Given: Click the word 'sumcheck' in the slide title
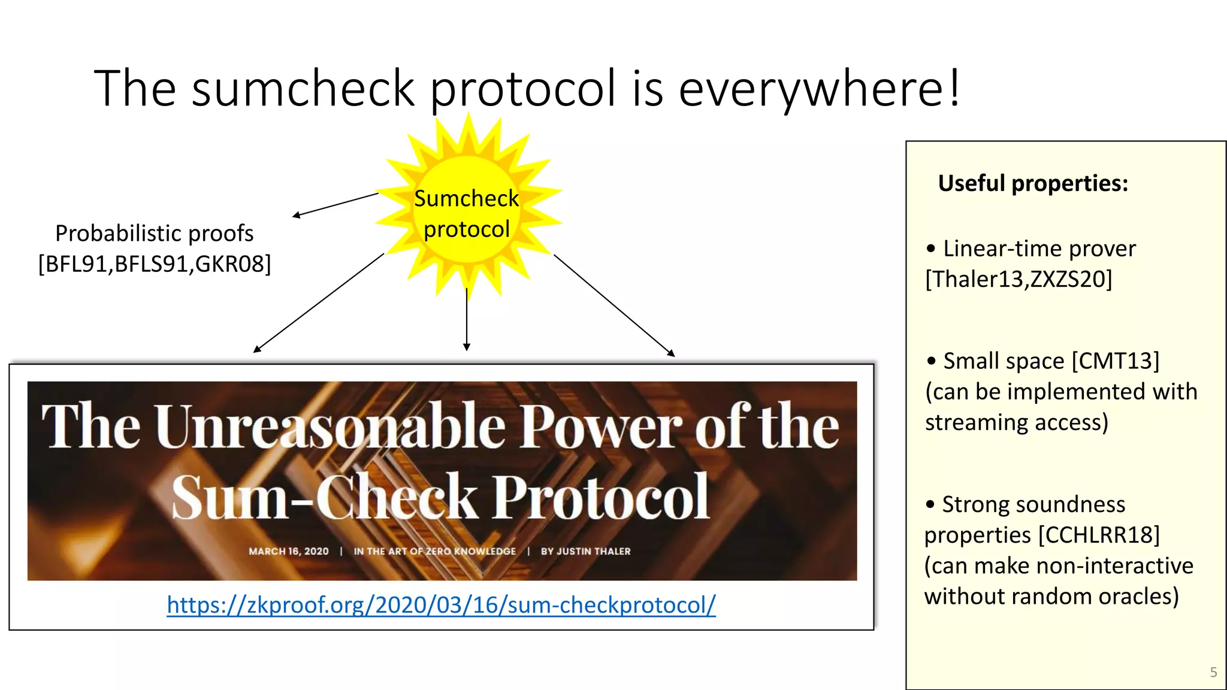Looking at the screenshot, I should point(303,89).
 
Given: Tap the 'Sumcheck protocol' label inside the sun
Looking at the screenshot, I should point(466,214).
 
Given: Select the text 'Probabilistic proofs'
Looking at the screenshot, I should point(154,233).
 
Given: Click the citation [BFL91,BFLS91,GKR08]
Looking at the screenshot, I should point(154,264).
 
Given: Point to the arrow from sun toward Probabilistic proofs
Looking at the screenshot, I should point(336,204).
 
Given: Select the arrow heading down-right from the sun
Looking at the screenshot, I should point(614,305).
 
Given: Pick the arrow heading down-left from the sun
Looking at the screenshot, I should point(319,302).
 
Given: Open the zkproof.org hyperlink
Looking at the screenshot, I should point(441,605).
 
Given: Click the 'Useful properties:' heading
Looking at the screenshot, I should point(1033,183).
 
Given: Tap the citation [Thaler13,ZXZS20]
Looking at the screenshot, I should point(1019,280).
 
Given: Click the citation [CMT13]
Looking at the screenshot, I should point(1115,361).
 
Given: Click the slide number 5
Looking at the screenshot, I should point(1213,672).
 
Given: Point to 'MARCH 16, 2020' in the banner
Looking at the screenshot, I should point(288,551).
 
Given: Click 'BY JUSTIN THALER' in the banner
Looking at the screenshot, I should point(585,551).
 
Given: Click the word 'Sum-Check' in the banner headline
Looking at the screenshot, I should point(324,497).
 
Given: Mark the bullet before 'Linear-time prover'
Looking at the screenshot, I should point(930,249).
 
